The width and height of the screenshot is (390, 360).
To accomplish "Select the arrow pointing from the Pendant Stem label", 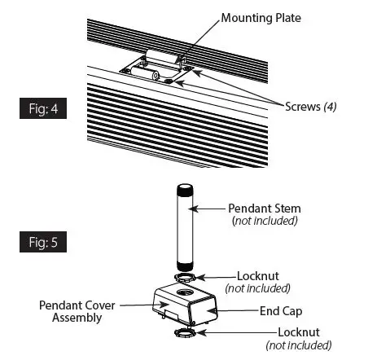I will tap(209, 209).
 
